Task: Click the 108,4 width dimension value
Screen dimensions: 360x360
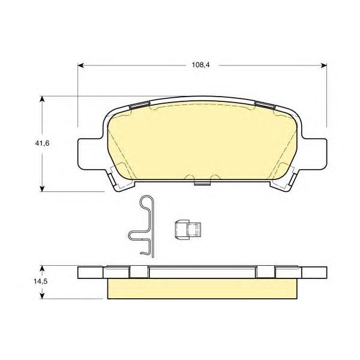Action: click(x=201, y=65)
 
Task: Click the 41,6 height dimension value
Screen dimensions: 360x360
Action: click(x=42, y=143)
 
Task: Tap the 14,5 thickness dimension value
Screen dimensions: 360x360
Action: click(x=41, y=281)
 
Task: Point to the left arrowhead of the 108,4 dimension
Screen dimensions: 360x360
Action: click(x=80, y=65)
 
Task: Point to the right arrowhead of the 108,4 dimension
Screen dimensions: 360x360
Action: click(x=324, y=65)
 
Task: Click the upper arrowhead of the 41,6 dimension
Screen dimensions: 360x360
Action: click(x=42, y=99)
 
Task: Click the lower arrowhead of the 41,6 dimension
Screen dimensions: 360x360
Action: click(x=42, y=188)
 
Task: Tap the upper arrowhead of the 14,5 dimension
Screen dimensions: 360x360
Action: click(x=42, y=269)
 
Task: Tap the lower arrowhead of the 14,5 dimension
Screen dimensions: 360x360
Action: click(x=42, y=296)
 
